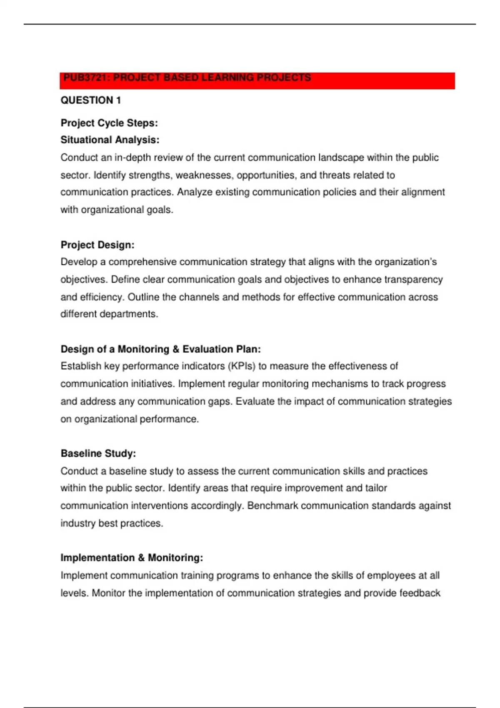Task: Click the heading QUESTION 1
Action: [x=91, y=100]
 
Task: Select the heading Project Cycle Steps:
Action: [x=109, y=123]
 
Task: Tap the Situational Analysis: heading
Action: [x=110, y=140]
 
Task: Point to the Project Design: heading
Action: [x=97, y=245]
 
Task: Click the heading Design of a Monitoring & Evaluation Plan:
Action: [x=161, y=349]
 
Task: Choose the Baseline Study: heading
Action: [x=98, y=454]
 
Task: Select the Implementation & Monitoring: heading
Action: [x=132, y=558]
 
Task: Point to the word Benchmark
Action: [x=272, y=506]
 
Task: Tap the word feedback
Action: [x=420, y=593]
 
